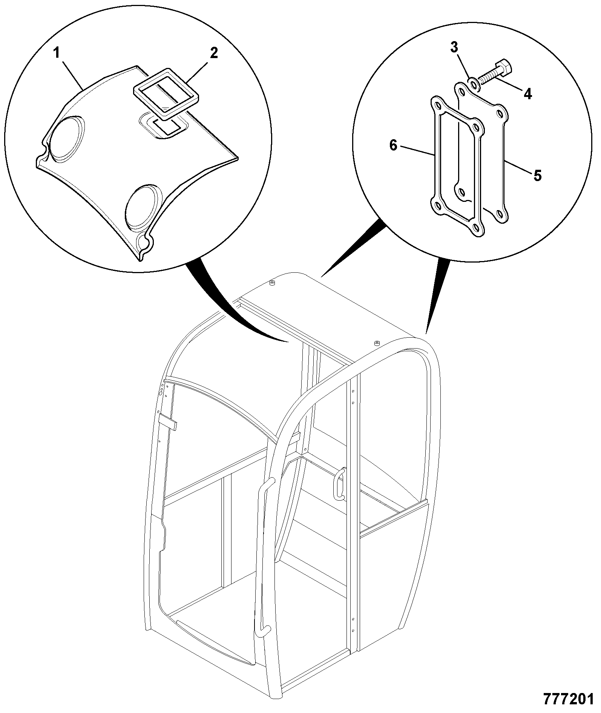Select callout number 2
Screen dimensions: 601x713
214,53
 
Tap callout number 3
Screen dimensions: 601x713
454,48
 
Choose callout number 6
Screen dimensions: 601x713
393,145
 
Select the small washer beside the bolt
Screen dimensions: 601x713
473,84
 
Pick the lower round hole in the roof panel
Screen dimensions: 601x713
143,207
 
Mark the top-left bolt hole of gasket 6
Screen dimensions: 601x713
437,104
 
